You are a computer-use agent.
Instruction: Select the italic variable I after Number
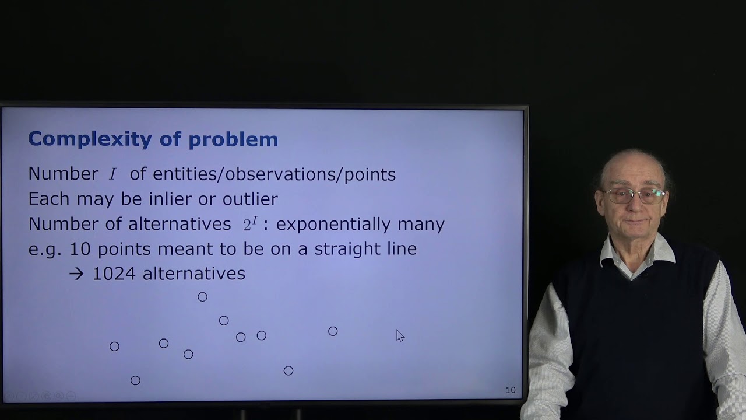coord(113,174)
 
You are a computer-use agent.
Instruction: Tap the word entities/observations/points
coord(274,174)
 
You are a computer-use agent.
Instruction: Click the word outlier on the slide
coord(250,199)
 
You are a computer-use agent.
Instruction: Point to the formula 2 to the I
coord(250,223)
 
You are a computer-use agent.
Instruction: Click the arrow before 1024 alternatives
coord(76,274)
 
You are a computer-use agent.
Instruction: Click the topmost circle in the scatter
coord(202,297)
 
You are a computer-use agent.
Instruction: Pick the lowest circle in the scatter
coord(135,380)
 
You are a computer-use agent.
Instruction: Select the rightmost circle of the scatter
coord(333,331)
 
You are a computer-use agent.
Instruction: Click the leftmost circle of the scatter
coord(114,346)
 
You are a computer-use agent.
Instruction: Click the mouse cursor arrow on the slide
coord(399,335)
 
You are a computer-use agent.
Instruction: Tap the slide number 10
coord(511,390)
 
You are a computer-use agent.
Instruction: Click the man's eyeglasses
coord(634,195)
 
